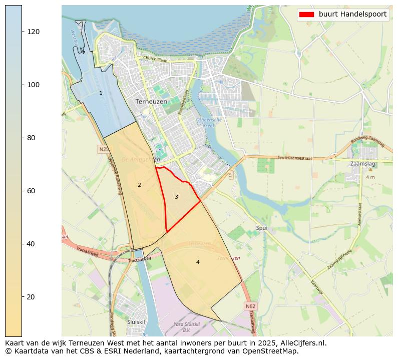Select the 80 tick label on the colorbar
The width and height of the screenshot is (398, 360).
(33, 138)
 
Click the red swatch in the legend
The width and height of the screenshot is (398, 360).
(306, 15)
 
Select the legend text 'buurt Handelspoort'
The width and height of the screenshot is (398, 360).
(352, 15)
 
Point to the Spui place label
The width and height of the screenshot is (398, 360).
(261, 228)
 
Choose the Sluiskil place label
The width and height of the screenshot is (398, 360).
(136, 322)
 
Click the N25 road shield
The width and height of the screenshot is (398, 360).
(104, 149)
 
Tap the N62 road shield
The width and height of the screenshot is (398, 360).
(251, 305)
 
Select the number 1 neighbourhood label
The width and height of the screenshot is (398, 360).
(101, 93)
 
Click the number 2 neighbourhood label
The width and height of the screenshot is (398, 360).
(139, 185)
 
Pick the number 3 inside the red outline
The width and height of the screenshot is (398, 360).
(176, 197)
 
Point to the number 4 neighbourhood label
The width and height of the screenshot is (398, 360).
(198, 262)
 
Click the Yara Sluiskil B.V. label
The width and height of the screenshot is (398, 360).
(186, 327)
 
